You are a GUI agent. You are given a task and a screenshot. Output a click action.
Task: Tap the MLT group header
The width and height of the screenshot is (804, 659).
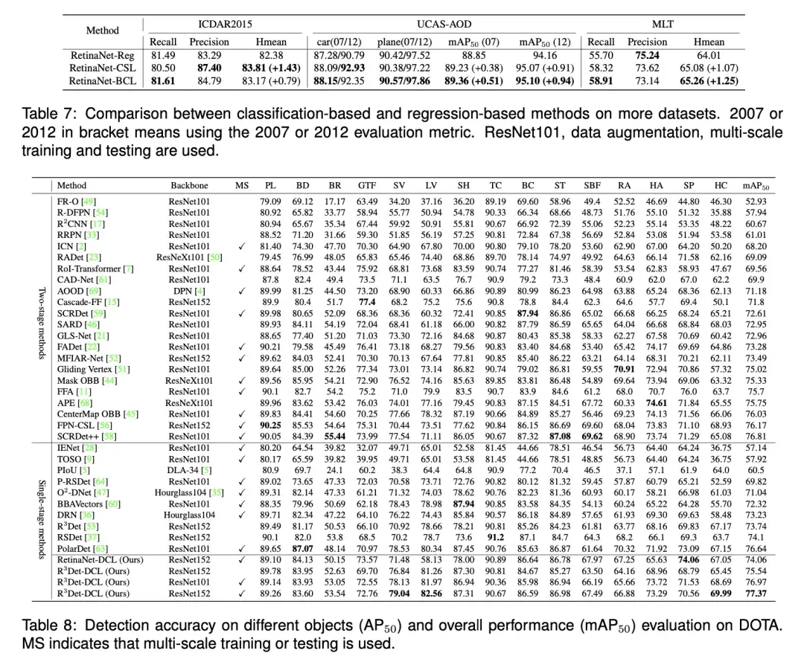pyautogui.click(x=662, y=24)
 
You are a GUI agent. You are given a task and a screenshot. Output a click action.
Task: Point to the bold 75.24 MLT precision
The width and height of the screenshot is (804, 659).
pyautogui.click(x=646, y=55)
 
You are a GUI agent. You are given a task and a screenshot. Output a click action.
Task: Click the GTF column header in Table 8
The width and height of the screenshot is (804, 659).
pyautogui.click(x=367, y=185)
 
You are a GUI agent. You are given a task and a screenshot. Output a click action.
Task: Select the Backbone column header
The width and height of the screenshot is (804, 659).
pyautogui.click(x=189, y=185)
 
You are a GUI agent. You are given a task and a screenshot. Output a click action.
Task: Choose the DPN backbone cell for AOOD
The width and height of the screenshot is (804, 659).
pyautogui.click(x=189, y=291)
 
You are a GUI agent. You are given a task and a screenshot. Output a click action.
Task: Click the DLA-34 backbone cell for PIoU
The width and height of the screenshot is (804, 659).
pyautogui.click(x=189, y=469)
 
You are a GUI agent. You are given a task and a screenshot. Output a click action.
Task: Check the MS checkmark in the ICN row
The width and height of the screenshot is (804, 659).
pyautogui.click(x=242, y=246)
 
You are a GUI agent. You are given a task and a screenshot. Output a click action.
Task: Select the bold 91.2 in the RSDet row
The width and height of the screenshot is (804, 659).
pyautogui.click(x=495, y=536)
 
